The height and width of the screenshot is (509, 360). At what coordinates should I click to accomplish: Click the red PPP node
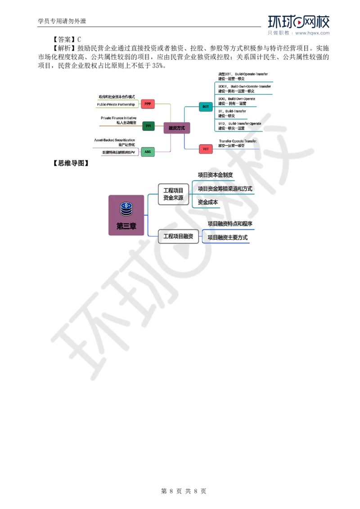tap(148, 104)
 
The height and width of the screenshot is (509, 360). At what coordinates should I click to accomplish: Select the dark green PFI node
tap(148, 126)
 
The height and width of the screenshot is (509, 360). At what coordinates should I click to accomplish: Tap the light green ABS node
tap(148, 152)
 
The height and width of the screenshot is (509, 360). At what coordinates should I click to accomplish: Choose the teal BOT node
tap(206, 107)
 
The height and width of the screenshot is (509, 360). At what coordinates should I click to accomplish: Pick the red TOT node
tap(206, 149)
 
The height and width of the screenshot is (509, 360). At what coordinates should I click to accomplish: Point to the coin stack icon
tap(126, 209)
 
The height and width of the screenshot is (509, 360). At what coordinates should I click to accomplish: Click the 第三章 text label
tap(126, 226)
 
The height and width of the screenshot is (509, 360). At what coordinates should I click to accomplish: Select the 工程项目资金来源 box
tap(173, 194)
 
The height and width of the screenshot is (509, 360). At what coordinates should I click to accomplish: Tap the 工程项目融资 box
tap(178, 236)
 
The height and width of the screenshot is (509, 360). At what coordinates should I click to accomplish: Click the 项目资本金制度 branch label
tap(215, 174)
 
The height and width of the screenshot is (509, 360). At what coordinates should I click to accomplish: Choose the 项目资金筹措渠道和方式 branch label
tap(225, 188)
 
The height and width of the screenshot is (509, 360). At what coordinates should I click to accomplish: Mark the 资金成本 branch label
tap(208, 202)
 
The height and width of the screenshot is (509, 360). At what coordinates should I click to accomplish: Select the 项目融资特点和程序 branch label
tap(229, 223)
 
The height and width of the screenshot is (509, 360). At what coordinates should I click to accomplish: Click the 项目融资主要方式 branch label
tap(228, 237)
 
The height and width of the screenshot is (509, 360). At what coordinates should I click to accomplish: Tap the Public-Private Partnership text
tap(116, 104)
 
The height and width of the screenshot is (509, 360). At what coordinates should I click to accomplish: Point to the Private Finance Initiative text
tap(119, 118)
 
